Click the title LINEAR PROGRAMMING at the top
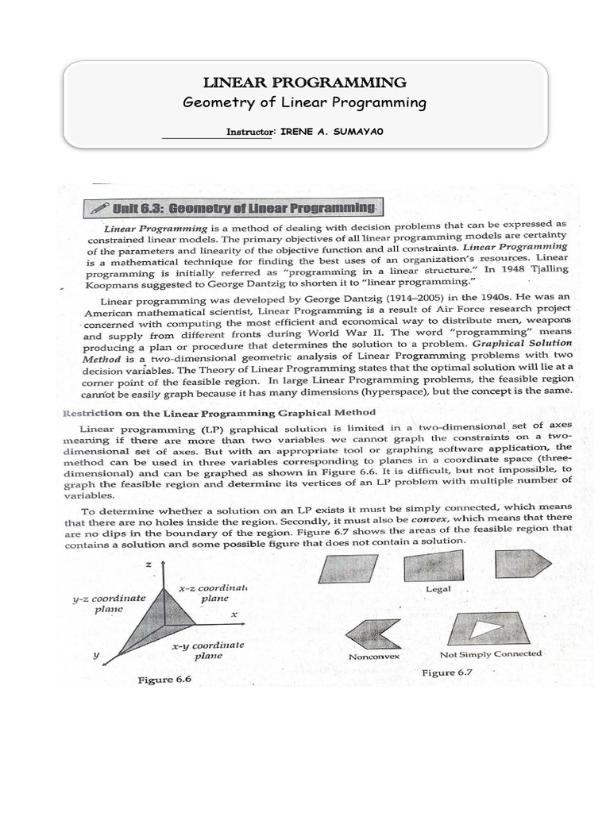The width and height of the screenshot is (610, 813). tap(305, 83)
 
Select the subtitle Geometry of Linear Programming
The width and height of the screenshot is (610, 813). tap(305, 103)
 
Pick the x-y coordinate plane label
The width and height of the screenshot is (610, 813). tap(207, 651)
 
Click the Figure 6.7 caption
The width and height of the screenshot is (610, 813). tap(450, 672)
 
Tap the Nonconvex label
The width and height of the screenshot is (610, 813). tap(374, 657)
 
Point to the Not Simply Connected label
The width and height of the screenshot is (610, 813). tap(491, 654)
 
